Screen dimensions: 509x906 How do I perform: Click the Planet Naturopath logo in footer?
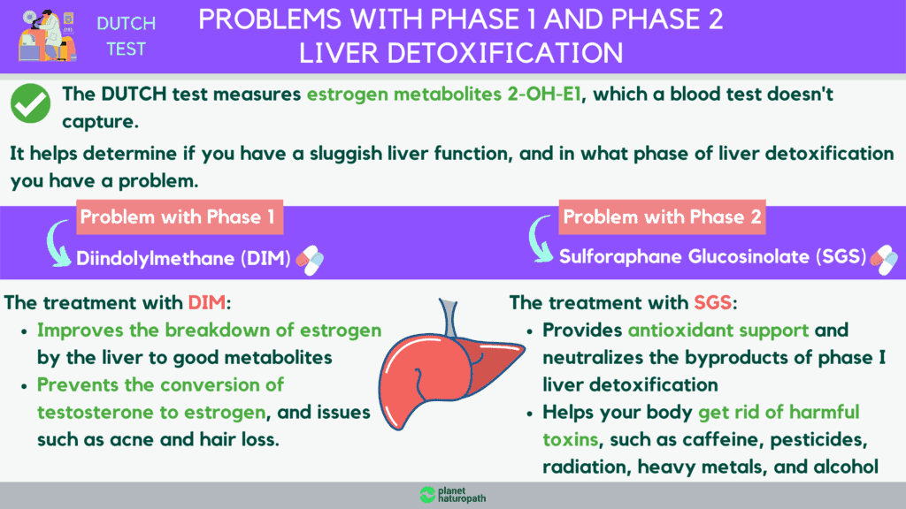(452, 495)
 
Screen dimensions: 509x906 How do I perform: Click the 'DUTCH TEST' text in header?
(126, 36)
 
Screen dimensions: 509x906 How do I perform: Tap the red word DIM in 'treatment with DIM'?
(207, 302)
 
